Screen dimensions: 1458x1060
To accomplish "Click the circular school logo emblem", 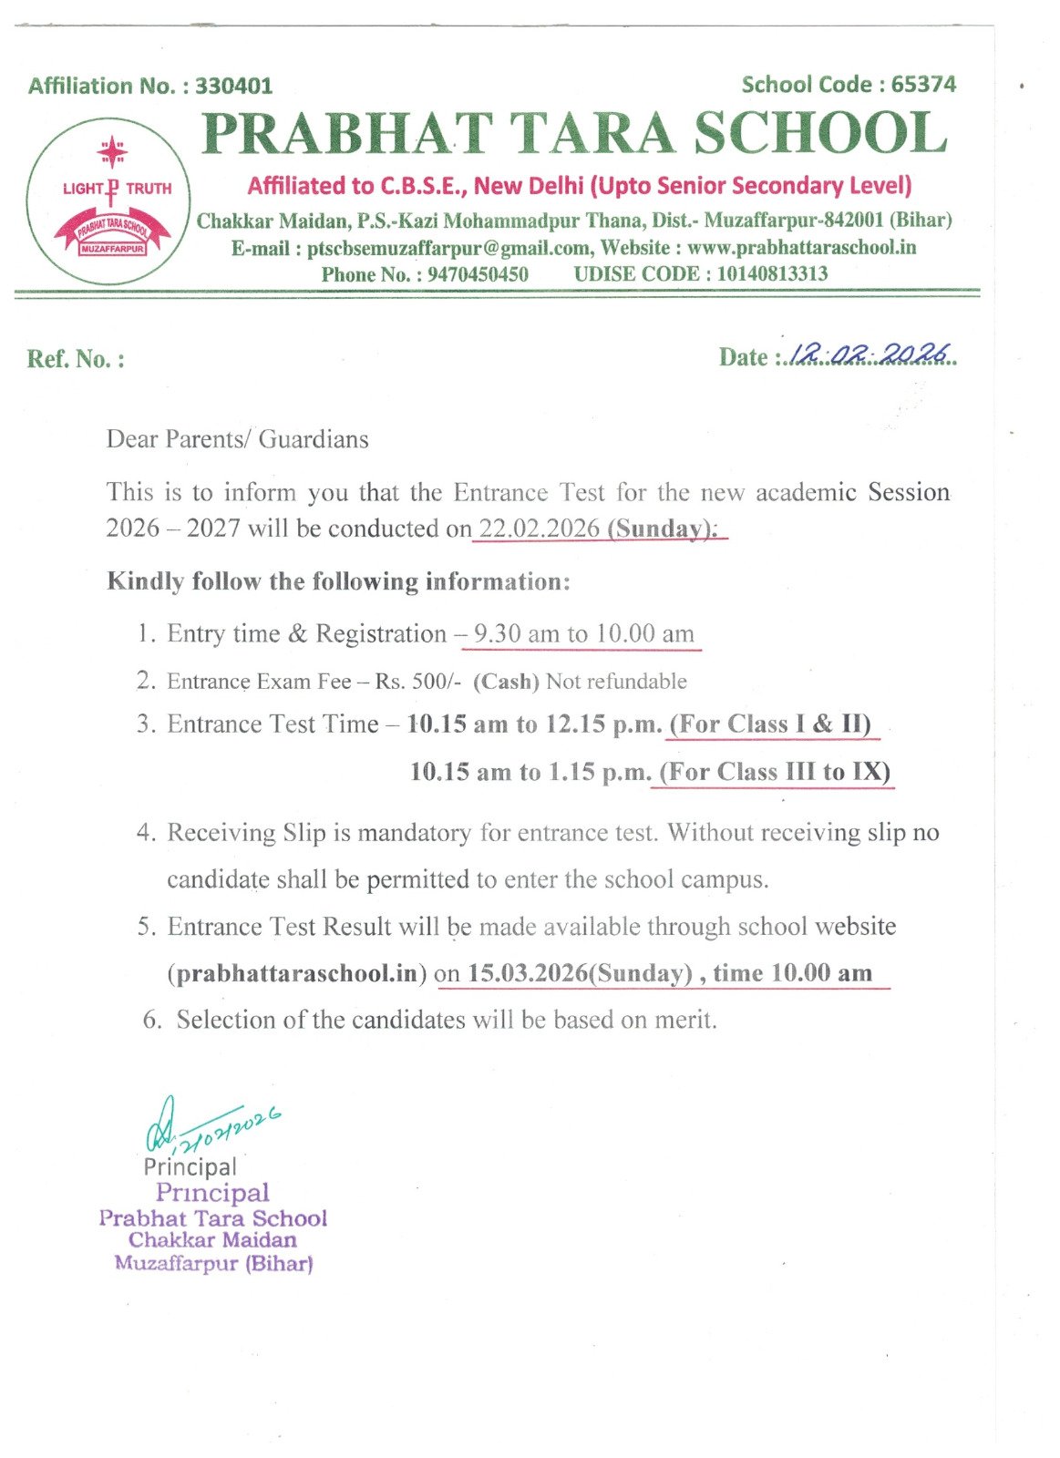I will (108, 201).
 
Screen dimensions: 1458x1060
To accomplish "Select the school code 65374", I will (923, 84).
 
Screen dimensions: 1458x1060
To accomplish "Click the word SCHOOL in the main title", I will (820, 133).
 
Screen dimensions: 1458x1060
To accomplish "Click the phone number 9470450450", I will (477, 274).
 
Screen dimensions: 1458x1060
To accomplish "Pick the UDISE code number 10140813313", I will (772, 273).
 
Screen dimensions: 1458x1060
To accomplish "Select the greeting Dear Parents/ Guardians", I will (237, 439).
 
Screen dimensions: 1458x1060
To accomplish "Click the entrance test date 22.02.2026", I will (540, 529).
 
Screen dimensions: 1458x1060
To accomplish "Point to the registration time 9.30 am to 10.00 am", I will (583, 633).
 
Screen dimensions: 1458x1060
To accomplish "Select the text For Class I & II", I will (770, 724).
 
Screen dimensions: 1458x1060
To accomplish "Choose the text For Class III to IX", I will (775, 772).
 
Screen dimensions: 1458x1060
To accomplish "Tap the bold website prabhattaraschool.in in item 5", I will (296, 973).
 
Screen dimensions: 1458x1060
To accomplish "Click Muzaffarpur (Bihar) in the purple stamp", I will (213, 1264).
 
